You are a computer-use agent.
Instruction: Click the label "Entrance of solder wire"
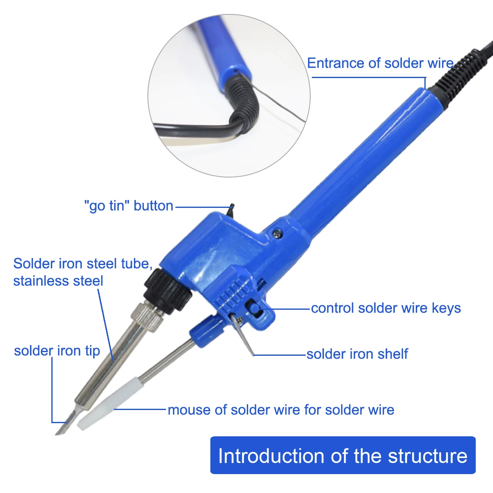point(380,63)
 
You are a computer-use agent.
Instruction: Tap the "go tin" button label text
point(129,205)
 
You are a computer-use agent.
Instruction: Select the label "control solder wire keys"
point(385,308)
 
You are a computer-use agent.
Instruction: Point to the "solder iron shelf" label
point(357,354)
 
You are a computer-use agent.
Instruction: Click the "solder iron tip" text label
point(57,351)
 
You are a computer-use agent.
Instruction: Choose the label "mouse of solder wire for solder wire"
point(281,410)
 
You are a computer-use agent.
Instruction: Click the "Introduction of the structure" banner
point(343,456)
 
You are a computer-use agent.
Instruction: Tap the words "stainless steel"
point(58,281)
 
